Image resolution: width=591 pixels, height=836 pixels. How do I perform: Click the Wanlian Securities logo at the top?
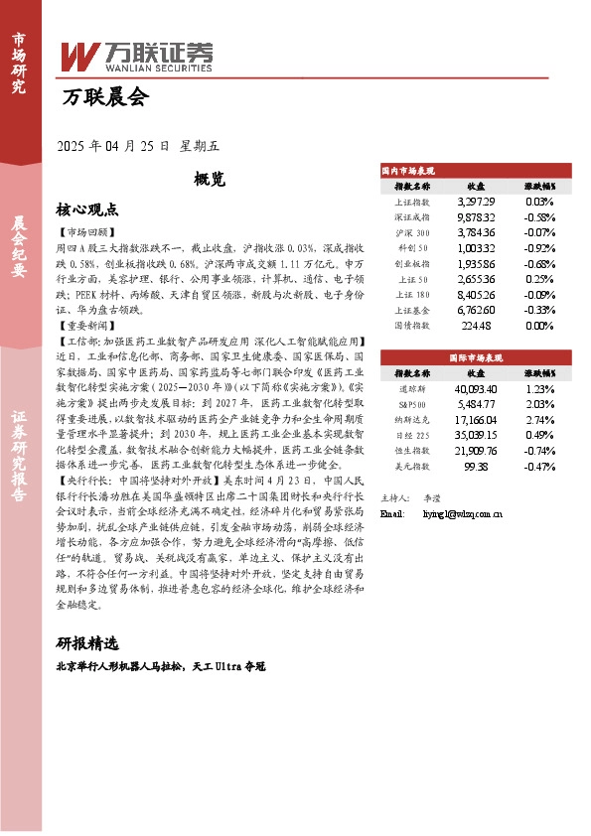136,56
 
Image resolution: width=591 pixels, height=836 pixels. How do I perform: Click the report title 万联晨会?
104,98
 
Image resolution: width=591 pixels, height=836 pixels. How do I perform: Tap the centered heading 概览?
210,180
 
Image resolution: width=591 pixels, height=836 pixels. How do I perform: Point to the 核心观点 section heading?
87,209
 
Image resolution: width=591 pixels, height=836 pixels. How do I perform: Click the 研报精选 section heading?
87,641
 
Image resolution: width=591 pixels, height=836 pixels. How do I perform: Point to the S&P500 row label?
412,404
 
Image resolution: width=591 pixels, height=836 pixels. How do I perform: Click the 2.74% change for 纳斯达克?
540,421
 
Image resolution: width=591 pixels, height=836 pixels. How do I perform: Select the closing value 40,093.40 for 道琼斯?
475,389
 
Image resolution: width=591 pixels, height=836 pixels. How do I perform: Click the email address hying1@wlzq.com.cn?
451,513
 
